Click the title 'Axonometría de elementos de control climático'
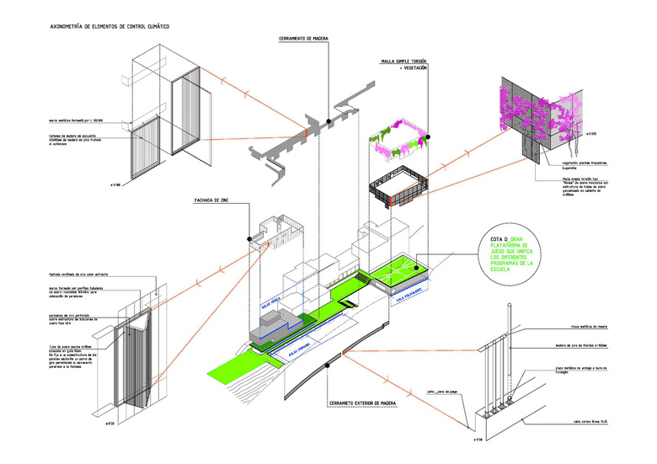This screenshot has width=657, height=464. (x=99, y=27)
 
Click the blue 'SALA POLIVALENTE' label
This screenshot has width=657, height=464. (x=405, y=296)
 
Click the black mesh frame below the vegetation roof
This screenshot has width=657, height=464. (x=399, y=186)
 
